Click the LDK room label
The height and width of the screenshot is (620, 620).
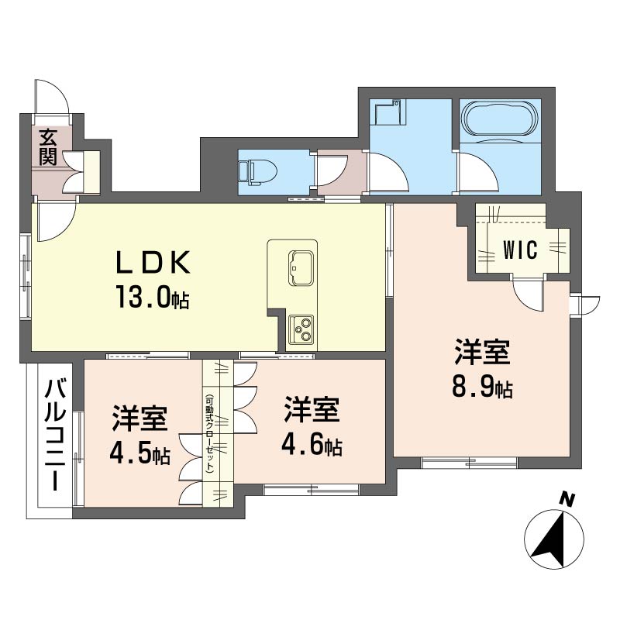click(153, 263)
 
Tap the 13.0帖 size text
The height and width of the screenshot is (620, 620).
click(153, 296)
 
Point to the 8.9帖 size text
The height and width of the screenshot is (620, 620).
click(481, 386)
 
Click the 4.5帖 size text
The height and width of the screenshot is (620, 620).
click(139, 453)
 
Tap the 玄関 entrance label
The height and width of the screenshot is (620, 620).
click(48, 147)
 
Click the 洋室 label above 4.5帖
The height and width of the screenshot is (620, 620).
click(139, 418)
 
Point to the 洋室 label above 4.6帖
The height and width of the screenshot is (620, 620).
click(312, 411)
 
